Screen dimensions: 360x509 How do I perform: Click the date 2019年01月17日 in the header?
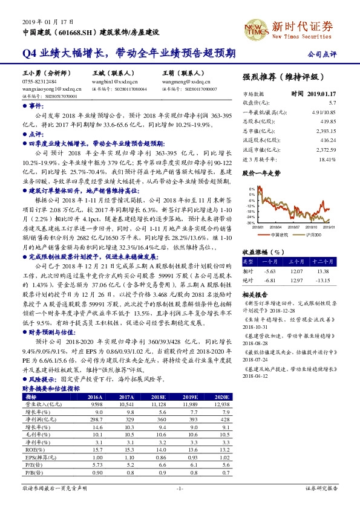(x=42, y=21)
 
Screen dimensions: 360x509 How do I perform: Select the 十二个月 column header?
(x=336, y=262)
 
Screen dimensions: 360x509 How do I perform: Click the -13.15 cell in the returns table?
(x=336, y=280)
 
